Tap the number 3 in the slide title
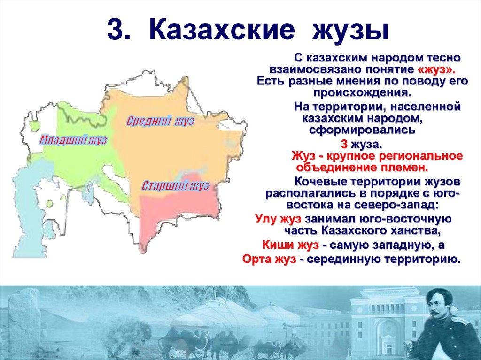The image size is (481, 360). (x=116, y=31)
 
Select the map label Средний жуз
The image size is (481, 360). (x=161, y=121)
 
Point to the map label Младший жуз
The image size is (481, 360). (x=73, y=140)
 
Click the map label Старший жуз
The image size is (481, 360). (x=175, y=185)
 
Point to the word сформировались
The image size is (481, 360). (x=362, y=130)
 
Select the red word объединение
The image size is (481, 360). (x=329, y=167)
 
